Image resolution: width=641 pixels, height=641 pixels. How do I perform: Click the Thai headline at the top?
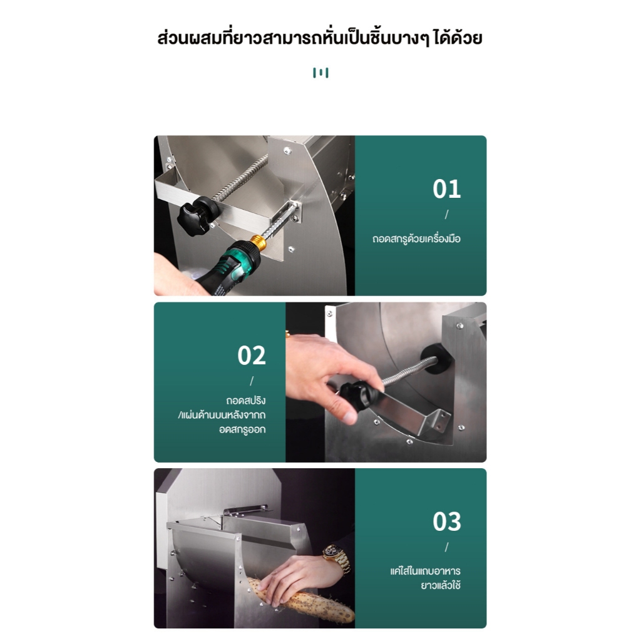(x=320, y=38)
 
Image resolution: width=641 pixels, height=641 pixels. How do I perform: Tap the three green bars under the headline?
(x=320, y=73)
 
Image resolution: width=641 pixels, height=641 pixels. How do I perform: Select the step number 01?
(x=446, y=189)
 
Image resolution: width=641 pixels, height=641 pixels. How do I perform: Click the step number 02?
(x=252, y=356)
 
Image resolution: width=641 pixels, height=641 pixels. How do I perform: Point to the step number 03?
(x=446, y=521)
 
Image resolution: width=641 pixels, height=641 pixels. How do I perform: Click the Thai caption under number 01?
(x=416, y=238)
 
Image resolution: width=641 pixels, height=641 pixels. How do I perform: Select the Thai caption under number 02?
(x=222, y=414)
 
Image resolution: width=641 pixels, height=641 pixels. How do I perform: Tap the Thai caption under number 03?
(x=425, y=578)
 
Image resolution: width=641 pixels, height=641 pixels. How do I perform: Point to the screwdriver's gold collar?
(x=257, y=244)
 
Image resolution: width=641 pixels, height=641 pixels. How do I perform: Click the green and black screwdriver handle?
(x=229, y=265)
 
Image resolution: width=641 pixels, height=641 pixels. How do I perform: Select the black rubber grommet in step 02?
(x=436, y=357)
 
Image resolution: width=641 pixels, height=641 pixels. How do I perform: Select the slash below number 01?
(x=446, y=215)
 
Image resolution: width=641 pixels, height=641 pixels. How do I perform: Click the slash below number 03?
(x=446, y=547)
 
